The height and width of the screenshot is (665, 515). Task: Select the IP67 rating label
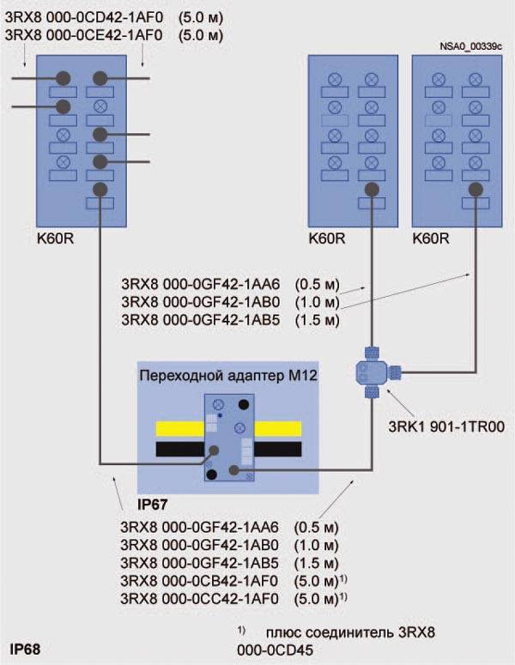[155, 503]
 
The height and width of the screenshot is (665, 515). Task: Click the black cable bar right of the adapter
[277, 449]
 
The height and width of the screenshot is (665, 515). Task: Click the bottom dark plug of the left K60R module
[100, 189]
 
